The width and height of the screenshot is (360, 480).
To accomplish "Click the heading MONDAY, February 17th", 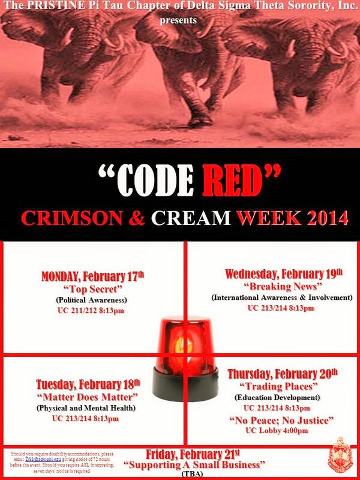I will pos(92,277).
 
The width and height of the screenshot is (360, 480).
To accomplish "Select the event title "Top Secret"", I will pos(92,289).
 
